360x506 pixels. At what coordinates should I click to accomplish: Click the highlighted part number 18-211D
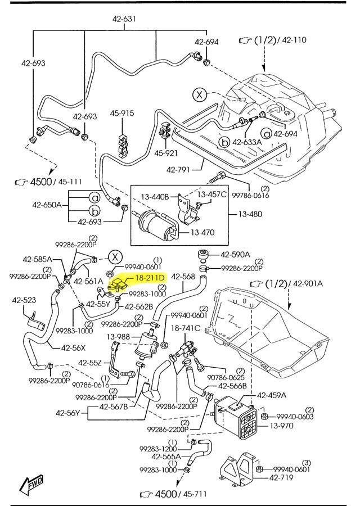coord(149,278)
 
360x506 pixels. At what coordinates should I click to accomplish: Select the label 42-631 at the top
coord(124,19)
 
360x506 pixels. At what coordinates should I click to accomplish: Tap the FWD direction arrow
coord(31,485)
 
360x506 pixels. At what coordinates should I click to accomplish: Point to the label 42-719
coord(282,478)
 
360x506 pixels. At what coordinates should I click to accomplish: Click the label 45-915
coord(122,114)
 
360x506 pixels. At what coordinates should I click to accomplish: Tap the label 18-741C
coord(186,327)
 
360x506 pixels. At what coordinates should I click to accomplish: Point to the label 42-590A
coord(236,254)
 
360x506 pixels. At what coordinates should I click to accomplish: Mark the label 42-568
coord(183,276)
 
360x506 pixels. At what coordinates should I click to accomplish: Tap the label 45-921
coord(166,152)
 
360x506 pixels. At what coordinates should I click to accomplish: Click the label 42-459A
coord(272,395)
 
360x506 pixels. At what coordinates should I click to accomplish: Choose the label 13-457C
coord(215,195)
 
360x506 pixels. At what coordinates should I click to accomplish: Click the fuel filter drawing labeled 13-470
coord(155,224)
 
